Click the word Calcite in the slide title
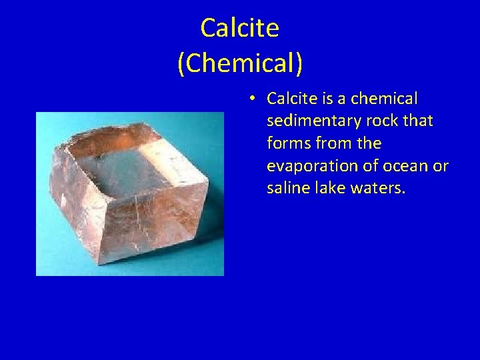239,28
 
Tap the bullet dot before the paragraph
251,99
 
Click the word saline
287,189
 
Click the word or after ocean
441,166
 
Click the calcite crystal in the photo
130,200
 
